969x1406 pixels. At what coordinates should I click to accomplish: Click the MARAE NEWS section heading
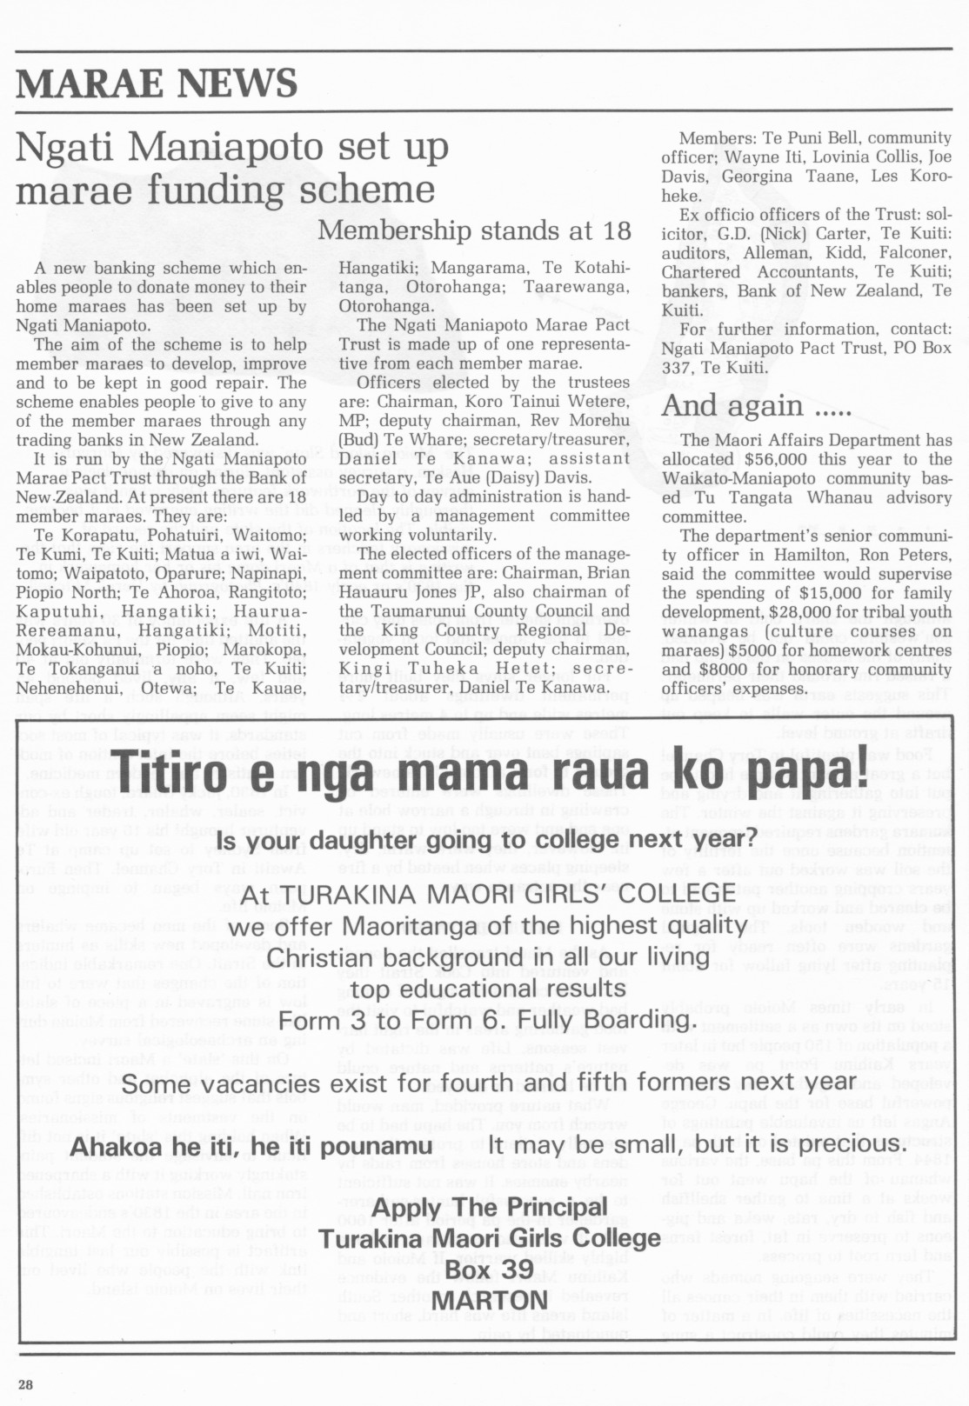157,83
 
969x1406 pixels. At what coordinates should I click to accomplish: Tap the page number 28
24,1384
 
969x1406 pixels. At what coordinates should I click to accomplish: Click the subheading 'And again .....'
756,405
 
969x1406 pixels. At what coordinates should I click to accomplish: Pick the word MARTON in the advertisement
490,1301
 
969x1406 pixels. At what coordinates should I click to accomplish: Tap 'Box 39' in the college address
490,1269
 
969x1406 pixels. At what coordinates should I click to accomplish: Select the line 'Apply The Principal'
490,1208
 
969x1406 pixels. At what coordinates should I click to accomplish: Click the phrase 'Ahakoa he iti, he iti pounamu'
251,1146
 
